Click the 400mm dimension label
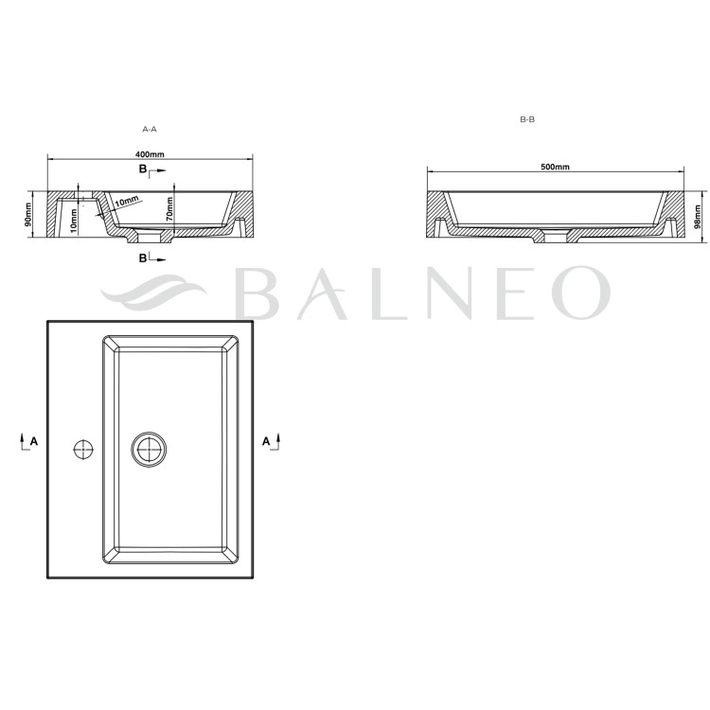coord(150,154)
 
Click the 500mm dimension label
coord(555,167)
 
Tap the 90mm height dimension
coord(28,215)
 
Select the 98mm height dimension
coord(698,218)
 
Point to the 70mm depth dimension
coord(169,209)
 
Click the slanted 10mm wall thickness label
coord(126,202)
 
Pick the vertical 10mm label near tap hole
coord(74,221)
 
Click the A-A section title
coord(150,129)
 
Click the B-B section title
coord(527,119)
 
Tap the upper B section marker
coord(152,169)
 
